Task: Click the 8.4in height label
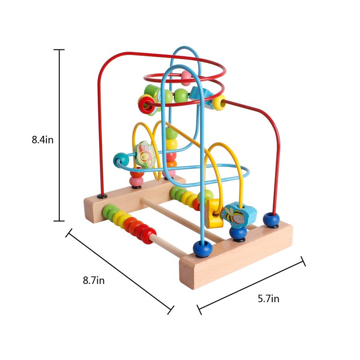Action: (42, 139)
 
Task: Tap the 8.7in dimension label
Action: (94, 280)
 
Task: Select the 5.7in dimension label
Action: (268, 299)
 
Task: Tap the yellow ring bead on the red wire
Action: (219, 103)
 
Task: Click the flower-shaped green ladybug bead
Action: (144, 154)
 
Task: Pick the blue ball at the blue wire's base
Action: (202, 248)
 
